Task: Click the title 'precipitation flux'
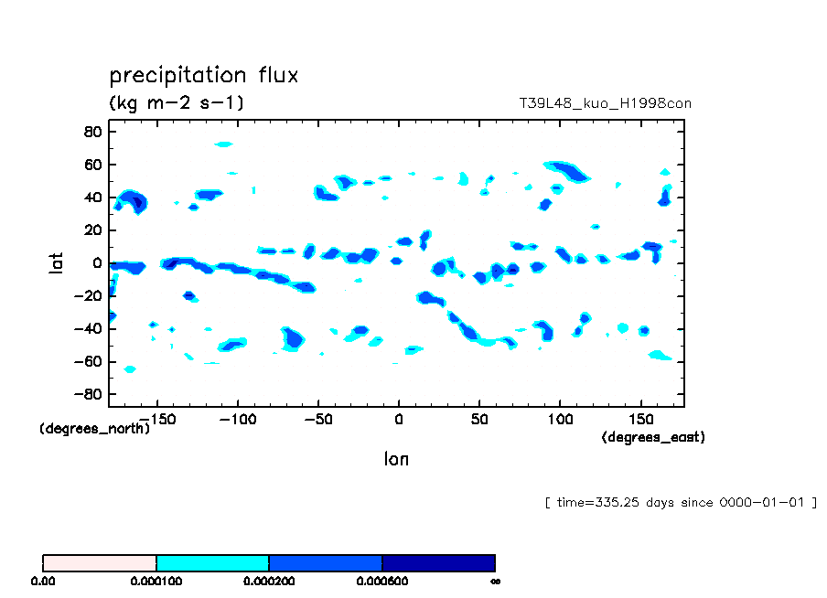[203, 75]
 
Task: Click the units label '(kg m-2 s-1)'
[177, 102]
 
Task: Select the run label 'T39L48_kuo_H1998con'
[605, 103]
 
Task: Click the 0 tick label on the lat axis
[95, 263]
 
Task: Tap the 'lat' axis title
[56, 263]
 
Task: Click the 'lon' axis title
[396, 459]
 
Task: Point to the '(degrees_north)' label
[94, 428]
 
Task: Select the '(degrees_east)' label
[653, 437]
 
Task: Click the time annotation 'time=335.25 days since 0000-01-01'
[680, 502]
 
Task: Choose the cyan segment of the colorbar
[212, 562]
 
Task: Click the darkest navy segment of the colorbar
[438, 562]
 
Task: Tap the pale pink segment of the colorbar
[100, 562]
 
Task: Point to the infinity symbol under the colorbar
[494, 581]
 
